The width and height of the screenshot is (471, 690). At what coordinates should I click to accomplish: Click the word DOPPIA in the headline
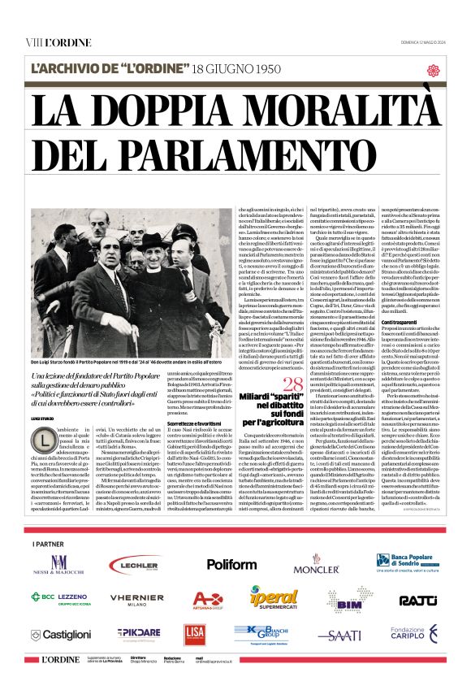(206, 111)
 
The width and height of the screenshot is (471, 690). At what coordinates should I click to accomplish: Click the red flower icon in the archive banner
(433, 70)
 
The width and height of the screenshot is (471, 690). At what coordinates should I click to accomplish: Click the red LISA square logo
(194, 634)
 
